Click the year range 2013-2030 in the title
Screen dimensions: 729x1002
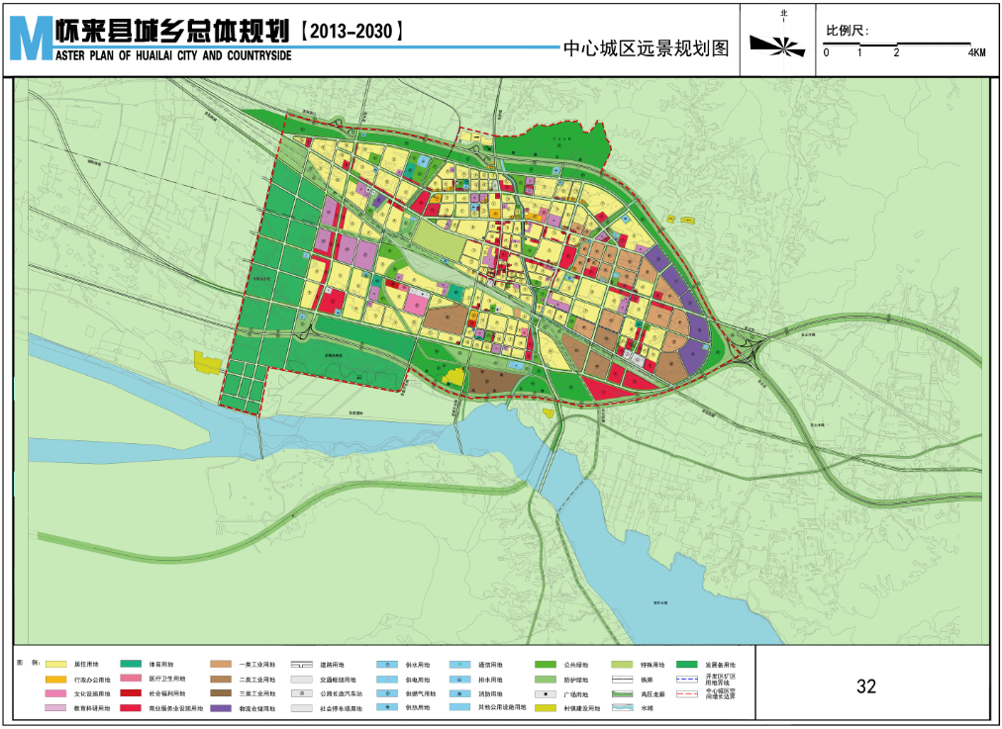pyautogui.click(x=351, y=31)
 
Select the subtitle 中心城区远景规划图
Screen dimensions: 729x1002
pyautogui.click(x=645, y=47)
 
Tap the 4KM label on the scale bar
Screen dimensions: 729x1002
pyautogui.click(x=976, y=52)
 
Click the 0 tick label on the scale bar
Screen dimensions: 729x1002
pyautogui.click(x=826, y=52)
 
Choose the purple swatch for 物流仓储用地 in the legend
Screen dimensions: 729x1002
pyautogui.click(x=221, y=709)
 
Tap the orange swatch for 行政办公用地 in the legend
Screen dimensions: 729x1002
pyautogui.click(x=55, y=681)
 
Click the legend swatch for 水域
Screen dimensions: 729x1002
pyautogui.click(x=622, y=709)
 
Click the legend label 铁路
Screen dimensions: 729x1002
pyautogui.click(x=647, y=681)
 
